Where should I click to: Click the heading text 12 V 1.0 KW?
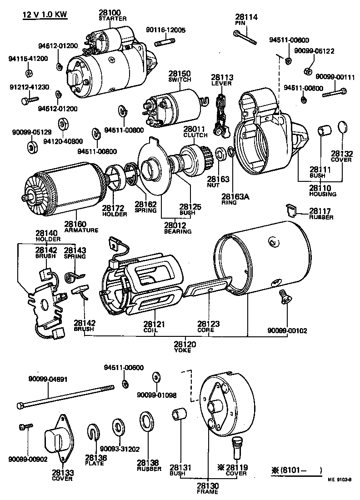coord(45,15)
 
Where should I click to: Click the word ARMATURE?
coord(81,230)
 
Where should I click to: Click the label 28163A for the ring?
coord(235,197)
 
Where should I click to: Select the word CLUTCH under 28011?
coord(195,135)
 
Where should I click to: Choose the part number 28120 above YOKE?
coord(185,345)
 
